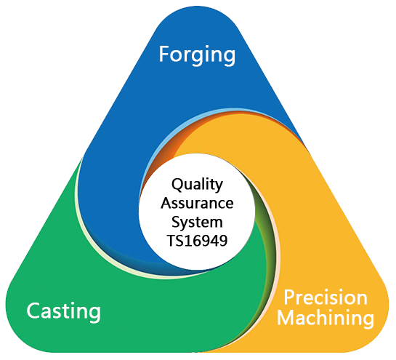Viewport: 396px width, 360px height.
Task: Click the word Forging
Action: pyautogui.click(x=197, y=55)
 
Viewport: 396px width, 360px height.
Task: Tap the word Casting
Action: pyautogui.click(x=64, y=312)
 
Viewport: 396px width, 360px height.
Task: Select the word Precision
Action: pyautogui.click(x=326, y=297)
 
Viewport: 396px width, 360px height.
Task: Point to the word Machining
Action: pyautogui.click(x=326, y=318)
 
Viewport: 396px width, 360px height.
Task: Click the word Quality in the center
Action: pyautogui.click(x=197, y=185)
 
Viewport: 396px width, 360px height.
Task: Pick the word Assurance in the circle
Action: pyautogui.click(x=197, y=203)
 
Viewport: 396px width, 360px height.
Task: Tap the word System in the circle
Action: pyautogui.click(x=197, y=223)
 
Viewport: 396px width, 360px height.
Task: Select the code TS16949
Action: pyautogui.click(x=197, y=241)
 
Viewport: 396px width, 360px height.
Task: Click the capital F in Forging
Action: pyautogui.click(x=164, y=54)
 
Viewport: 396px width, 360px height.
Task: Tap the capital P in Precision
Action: pyautogui.click(x=289, y=297)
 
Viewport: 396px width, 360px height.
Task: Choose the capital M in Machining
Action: pyautogui.click(x=285, y=317)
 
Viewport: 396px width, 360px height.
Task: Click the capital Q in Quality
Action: pyautogui.click(x=177, y=185)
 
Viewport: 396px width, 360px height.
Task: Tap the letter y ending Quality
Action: pyautogui.click(x=219, y=188)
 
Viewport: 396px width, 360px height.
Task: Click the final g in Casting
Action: pyautogui.click(x=95, y=314)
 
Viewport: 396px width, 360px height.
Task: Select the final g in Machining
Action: pyautogui.click(x=368, y=321)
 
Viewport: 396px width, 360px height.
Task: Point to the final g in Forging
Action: pyautogui.click(x=230, y=58)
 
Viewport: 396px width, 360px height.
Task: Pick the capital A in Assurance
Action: pyautogui.click(x=166, y=203)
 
